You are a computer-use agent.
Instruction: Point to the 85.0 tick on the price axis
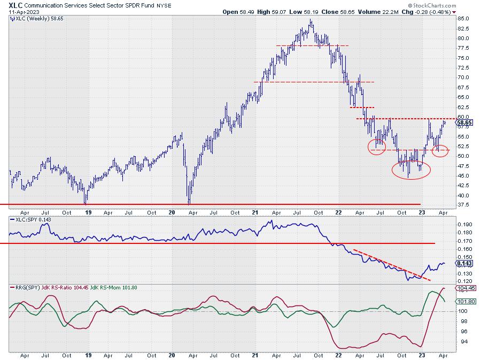pos(463,19)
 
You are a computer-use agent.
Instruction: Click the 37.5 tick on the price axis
pos(463,204)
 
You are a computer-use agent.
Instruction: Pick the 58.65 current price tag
pos(464,122)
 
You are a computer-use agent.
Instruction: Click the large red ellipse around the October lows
pos(411,168)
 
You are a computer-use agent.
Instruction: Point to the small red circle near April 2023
pos(440,150)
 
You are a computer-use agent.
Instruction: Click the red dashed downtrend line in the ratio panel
pos(391,264)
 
